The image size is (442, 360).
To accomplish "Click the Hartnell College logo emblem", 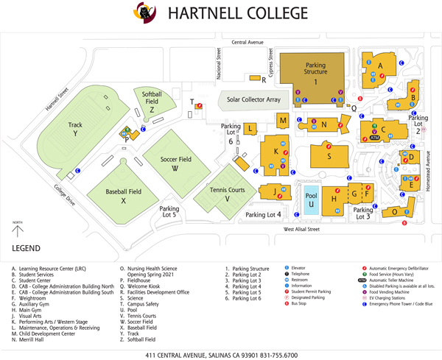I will point(143,13).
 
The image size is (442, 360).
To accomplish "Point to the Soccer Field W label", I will point(175,163).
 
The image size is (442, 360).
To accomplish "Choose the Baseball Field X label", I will point(123,196).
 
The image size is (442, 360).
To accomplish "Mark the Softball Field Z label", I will point(151,102).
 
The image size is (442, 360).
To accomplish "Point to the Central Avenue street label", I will point(247,43).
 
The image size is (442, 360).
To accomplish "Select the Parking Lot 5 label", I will point(169,211).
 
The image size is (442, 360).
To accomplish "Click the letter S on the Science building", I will point(329,156).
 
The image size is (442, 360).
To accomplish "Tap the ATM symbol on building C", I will point(373,138).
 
